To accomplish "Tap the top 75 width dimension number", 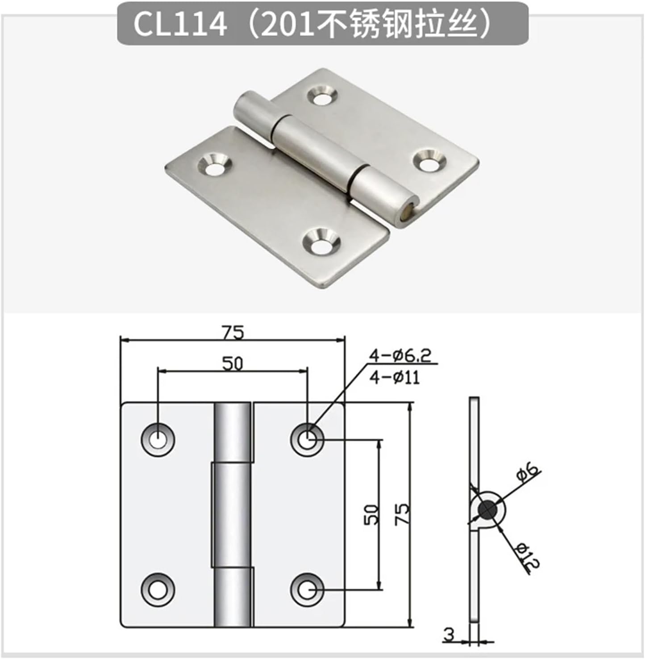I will coord(233,333).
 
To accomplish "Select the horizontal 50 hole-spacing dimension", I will coord(233,364).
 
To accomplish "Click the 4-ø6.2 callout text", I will coord(400,356).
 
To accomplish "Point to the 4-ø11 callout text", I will coord(395,378).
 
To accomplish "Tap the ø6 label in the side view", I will coord(528,472).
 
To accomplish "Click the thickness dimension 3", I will coord(449,634).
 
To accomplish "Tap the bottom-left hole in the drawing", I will coord(158,590).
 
